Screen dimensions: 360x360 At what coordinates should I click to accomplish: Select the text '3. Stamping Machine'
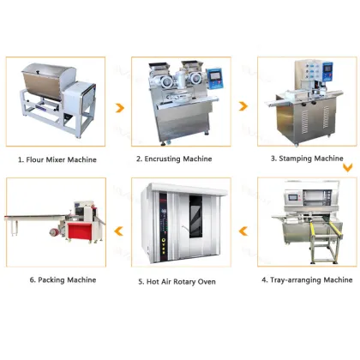pyautogui.click(x=308, y=159)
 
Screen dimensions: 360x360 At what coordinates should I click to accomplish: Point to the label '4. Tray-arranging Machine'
pyautogui.click(x=306, y=280)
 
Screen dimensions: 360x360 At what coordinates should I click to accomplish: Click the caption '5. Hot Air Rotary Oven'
pyautogui.click(x=177, y=281)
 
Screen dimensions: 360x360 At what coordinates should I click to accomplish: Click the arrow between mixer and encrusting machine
pyautogui.click(x=119, y=108)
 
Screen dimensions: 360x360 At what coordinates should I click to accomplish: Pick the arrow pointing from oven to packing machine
pyautogui.click(x=119, y=228)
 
